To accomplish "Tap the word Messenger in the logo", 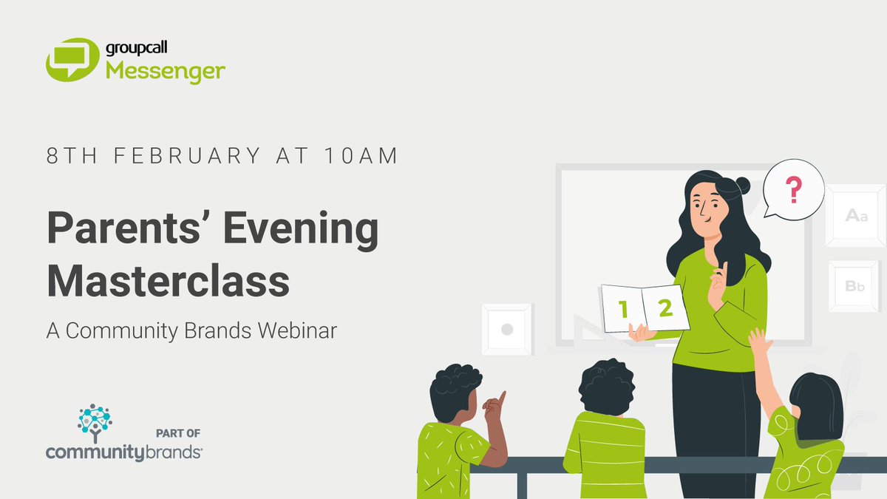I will tap(164, 72).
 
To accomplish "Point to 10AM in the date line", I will tap(361, 156).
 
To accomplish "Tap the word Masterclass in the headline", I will tap(169, 282).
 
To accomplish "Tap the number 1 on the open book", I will tap(623, 310).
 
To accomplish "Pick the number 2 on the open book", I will tap(665, 308).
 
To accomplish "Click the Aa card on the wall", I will tap(855, 216).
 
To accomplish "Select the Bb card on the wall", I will tap(854, 286).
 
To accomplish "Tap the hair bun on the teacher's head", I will tap(741, 185).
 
